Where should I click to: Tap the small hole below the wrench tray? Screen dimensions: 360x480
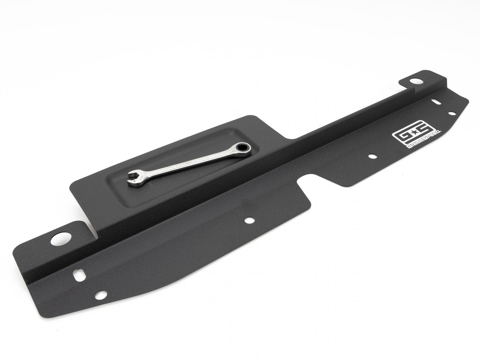pos(249,220)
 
